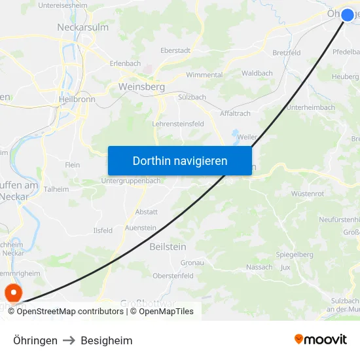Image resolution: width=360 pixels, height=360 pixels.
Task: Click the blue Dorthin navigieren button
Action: (180, 160)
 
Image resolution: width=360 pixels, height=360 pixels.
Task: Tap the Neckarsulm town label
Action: (82, 27)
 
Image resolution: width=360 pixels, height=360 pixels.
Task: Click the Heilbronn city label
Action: (77, 99)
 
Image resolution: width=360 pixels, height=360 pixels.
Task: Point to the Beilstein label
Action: (168, 247)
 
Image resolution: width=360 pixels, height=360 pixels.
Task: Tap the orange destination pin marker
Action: (12, 292)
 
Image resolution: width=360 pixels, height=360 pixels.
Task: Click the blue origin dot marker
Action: (348, 14)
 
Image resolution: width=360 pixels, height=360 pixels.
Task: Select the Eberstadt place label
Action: (175, 50)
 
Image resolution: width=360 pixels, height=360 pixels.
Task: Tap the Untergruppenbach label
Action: (130, 181)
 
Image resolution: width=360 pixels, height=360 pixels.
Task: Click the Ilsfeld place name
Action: (103, 230)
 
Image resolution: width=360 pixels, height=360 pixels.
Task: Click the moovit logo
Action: (321, 340)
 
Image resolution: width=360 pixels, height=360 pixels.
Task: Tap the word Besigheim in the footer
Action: (107, 340)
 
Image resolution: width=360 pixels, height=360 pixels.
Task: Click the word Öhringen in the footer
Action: (35, 340)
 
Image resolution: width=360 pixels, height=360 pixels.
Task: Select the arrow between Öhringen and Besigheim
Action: (69, 340)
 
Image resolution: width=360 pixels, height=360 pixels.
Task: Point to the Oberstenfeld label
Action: (173, 276)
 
